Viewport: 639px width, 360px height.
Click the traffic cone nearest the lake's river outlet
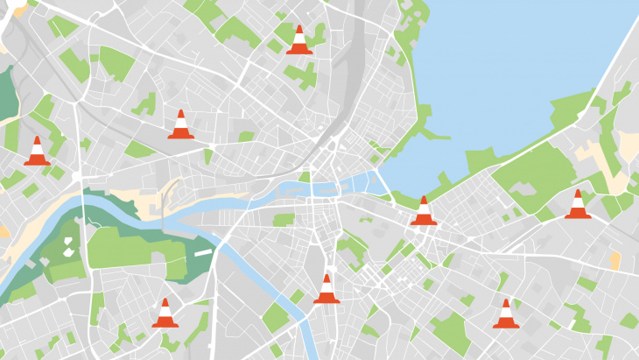424,211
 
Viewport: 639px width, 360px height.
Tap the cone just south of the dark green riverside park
165,314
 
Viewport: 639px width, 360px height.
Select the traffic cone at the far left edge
37,152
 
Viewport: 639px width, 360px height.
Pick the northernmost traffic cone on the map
299,40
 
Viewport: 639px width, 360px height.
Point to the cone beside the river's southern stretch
327,289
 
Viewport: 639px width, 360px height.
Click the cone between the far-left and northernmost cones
181,125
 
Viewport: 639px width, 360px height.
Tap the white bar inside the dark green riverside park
203,251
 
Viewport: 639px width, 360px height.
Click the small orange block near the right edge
614,259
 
